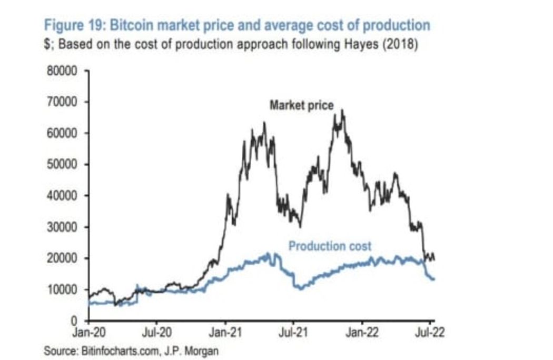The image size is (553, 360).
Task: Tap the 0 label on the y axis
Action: click(x=75, y=321)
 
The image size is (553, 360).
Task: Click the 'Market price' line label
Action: click(x=301, y=106)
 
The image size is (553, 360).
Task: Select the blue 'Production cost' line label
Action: click(x=330, y=246)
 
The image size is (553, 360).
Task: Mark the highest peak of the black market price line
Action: click(x=343, y=110)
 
